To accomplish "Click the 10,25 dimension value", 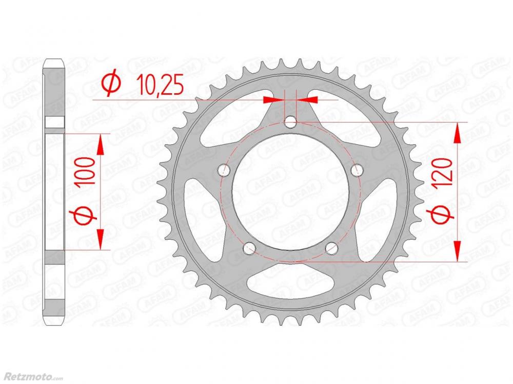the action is coord(160,84).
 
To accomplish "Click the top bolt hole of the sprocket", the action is coord(290,123).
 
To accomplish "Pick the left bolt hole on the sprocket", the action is coord(224,169).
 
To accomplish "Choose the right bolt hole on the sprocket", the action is coord(357,169).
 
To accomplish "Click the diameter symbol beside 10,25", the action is coord(111,84).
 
